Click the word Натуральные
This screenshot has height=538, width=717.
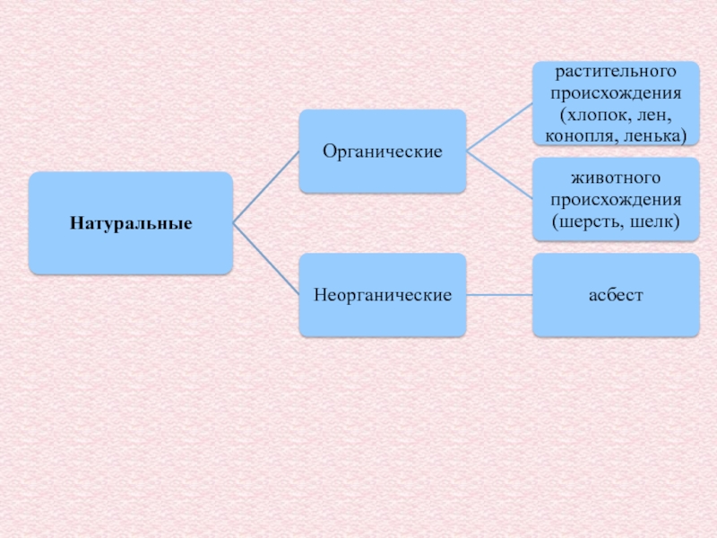[131, 221]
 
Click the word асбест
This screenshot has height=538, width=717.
[616, 294]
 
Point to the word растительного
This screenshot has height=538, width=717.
[616, 70]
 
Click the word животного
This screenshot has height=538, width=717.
[616, 178]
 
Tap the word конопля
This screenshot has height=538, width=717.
[573, 136]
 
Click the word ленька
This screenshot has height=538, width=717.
[653, 136]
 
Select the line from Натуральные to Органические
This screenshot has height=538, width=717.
[265, 187]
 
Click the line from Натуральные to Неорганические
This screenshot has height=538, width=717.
[265, 258]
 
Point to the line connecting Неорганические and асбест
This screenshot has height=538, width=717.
[499, 294]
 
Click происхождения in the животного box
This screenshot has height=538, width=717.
[616, 199]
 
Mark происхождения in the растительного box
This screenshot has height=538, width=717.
[616, 92]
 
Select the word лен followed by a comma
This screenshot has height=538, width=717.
[654, 115]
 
